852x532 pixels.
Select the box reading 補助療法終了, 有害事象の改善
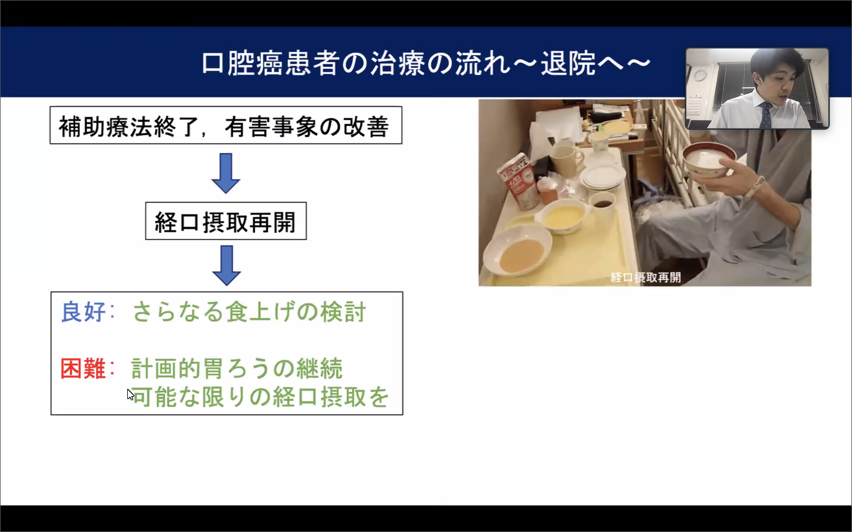226,125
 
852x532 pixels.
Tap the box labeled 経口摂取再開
226,221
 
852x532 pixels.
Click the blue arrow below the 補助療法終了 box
226,173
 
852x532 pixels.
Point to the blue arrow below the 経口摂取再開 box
226,266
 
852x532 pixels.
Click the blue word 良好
83,312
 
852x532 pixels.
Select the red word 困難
83,368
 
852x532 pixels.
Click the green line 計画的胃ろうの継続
237,368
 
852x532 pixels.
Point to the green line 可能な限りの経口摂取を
261,397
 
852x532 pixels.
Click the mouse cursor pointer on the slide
130,395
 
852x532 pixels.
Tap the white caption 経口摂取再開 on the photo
645,278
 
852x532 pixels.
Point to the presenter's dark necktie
765,115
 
